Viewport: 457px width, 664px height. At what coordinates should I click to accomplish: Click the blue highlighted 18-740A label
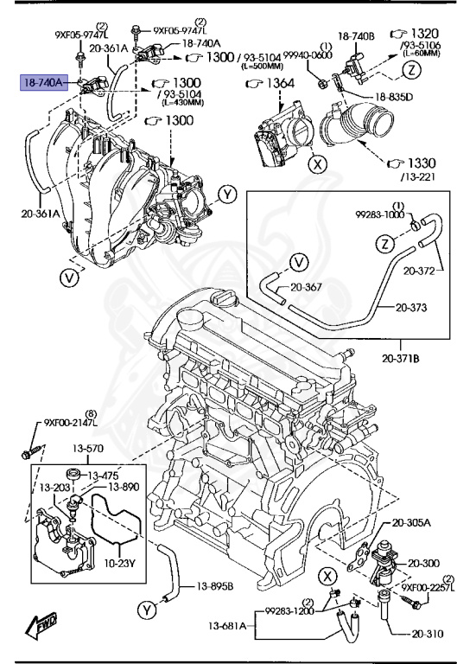43,83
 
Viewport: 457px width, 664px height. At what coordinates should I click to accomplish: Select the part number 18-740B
355,36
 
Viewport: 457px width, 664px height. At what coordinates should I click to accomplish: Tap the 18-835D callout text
393,96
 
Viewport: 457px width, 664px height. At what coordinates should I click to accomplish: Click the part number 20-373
414,306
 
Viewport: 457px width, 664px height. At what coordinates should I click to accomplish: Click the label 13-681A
227,625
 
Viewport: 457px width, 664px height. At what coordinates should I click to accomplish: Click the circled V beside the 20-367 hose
298,261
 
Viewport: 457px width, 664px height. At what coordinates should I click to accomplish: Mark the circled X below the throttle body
318,162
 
